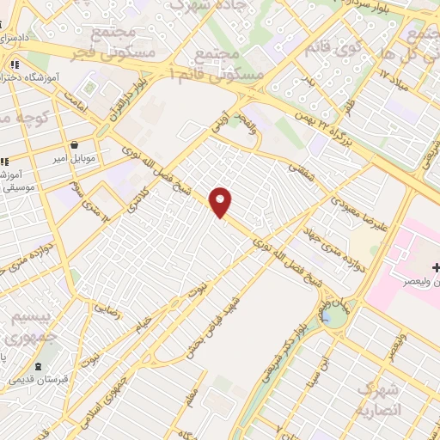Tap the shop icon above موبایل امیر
click(76, 144)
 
